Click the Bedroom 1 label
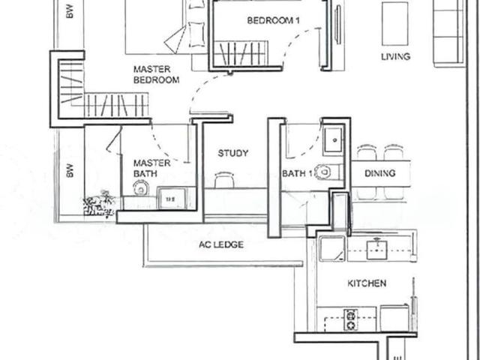pyautogui.click(x=274, y=20)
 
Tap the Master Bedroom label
pyautogui.click(x=156, y=74)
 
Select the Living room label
pyautogui.click(x=395, y=56)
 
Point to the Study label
pyautogui.click(x=233, y=153)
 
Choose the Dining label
pyautogui.click(x=380, y=173)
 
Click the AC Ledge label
pyautogui.click(x=220, y=244)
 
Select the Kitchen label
pyautogui.click(x=367, y=283)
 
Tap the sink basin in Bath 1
pyautogui.click(x=332, y=139)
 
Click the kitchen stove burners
pyautogui.click(x=351, y=319)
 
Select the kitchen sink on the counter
pyautogui.click(x=376, y=249)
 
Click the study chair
pyautogui.click(x=223, y=180)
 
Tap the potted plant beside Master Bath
pyautogui.click(x=99, y=202)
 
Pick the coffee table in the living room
pyautogui.click(x=394, y=23)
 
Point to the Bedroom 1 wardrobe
pyautogui.click(x=239, y=54)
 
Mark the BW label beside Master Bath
pyautogui.click(x=69, y=171)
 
